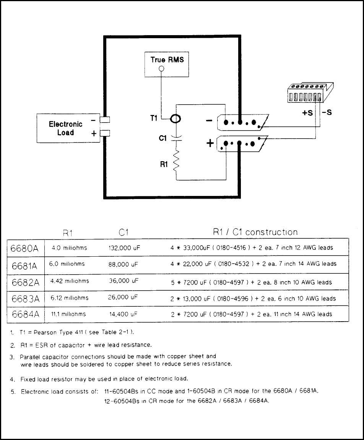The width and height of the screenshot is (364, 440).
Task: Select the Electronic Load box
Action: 66,128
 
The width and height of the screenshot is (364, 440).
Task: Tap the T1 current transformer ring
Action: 175,119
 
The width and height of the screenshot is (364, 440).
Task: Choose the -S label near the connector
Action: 327,113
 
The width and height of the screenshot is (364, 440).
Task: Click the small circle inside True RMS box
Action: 162,69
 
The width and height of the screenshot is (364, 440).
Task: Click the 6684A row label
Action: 25,315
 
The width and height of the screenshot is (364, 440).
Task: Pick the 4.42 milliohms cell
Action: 70,281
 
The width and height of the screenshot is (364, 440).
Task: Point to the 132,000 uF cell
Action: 124,248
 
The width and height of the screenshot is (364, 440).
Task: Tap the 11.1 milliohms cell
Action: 68,314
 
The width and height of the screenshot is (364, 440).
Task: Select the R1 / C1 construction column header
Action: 255,232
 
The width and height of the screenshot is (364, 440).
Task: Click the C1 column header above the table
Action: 123,232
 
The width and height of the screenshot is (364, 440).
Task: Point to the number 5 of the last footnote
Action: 13,391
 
